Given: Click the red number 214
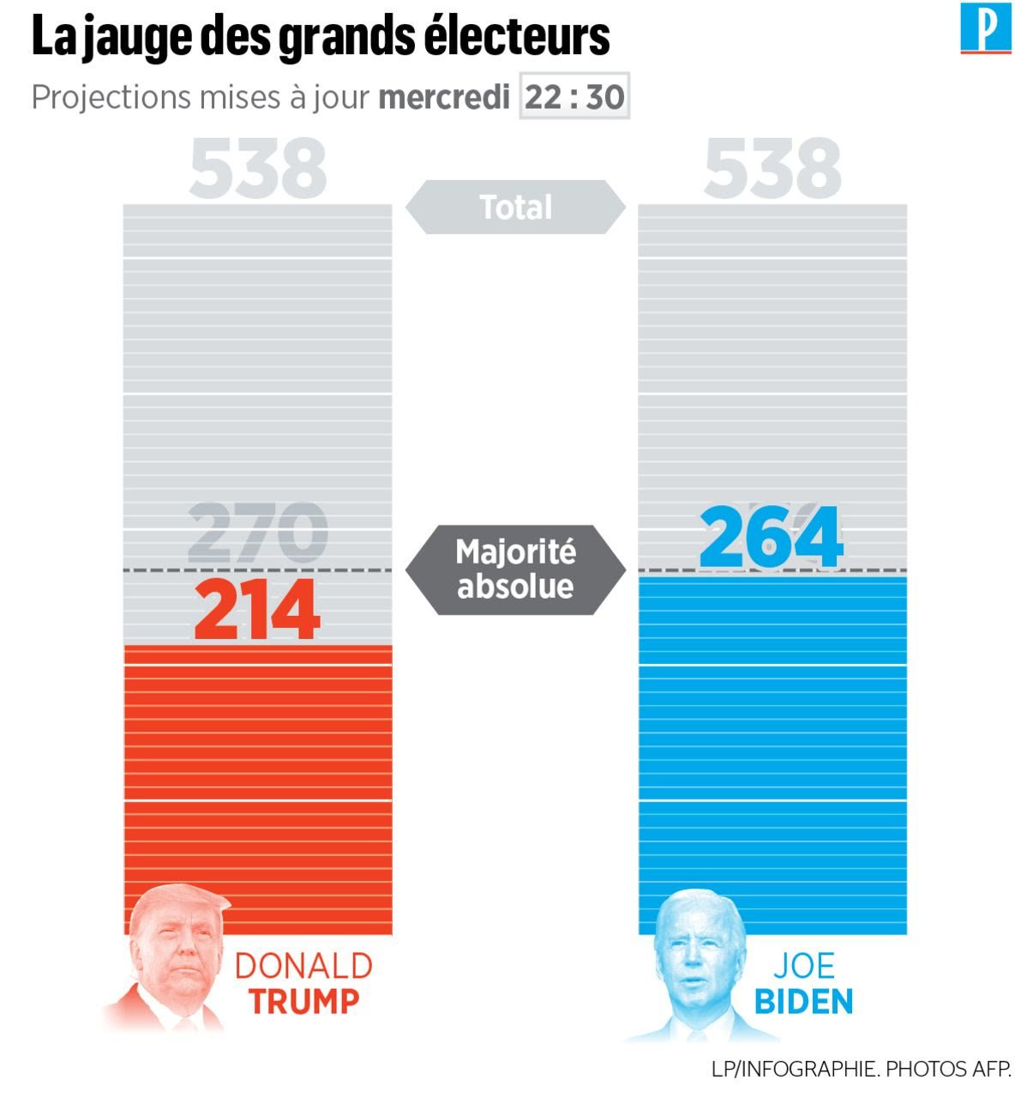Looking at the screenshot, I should click(x=257, y=611).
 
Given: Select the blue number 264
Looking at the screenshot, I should click(x=771, y=538).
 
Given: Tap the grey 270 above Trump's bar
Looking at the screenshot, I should click(x=257, y=532).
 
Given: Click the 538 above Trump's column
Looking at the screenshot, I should click(x=257, y=169).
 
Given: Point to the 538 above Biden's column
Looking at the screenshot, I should click(x=772, y=169).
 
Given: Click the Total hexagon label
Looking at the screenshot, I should click(x=515, y=208).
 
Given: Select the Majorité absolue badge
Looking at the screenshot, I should click(x=515, y=570).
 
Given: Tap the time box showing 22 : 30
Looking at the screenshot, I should click(x=574, y=97).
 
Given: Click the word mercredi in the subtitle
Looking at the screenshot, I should click(x=444, y=97).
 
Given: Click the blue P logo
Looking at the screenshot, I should click(x=986, y=29).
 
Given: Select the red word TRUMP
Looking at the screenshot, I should click(x=304, y=1002).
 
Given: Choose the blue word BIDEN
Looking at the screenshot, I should click(x=803, y=1002).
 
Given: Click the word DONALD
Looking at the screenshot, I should click(x=303, y=967).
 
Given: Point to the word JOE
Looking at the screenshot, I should click(x=803, y=967).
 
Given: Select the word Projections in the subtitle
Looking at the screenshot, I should click(x=111, y=97).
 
